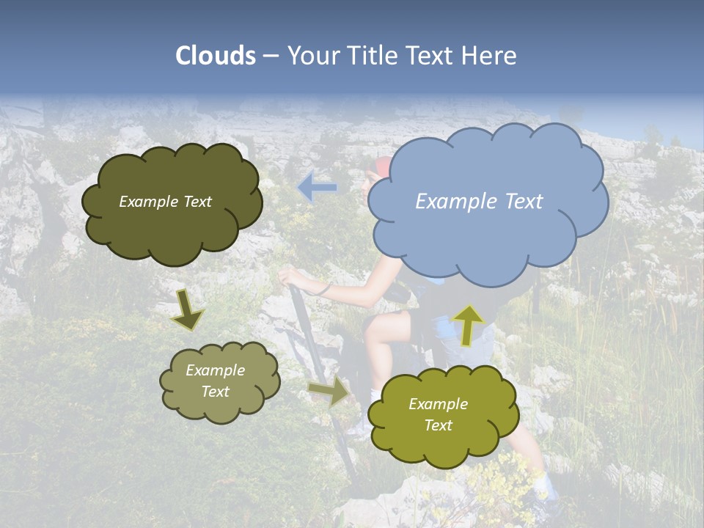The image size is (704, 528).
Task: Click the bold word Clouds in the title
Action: click(x=216, y=56)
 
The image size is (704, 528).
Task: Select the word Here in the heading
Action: click(x=491, y=56)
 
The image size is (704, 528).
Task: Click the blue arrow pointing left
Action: click(x=317, y=188)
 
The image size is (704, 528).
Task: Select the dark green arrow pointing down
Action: click(x=186, y=309)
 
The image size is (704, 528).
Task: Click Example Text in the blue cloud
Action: click(x=479, y=202)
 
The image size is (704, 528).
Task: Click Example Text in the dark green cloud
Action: click(x=165, y=202)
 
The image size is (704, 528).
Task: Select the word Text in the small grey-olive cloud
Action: click(x=215, y=392)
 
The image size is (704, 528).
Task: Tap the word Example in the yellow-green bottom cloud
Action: click(x=438, y=404)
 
